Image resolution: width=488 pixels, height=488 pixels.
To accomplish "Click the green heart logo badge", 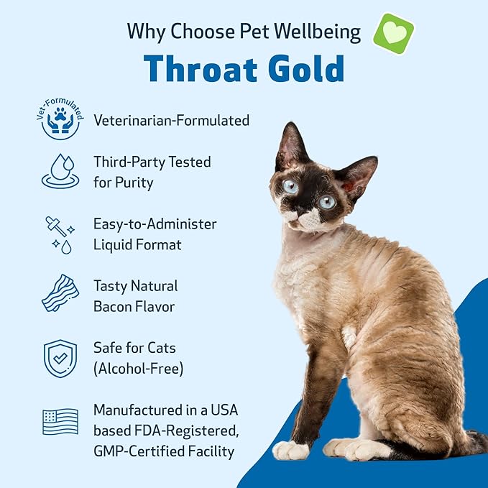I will click(x=393, y=32).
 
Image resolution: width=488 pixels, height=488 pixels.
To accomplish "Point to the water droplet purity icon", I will click(x=60, y=171).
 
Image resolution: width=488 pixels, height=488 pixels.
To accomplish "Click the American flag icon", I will click(x=60, y=421).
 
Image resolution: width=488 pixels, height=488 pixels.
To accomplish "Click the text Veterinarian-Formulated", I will click(x=172, y=120).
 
